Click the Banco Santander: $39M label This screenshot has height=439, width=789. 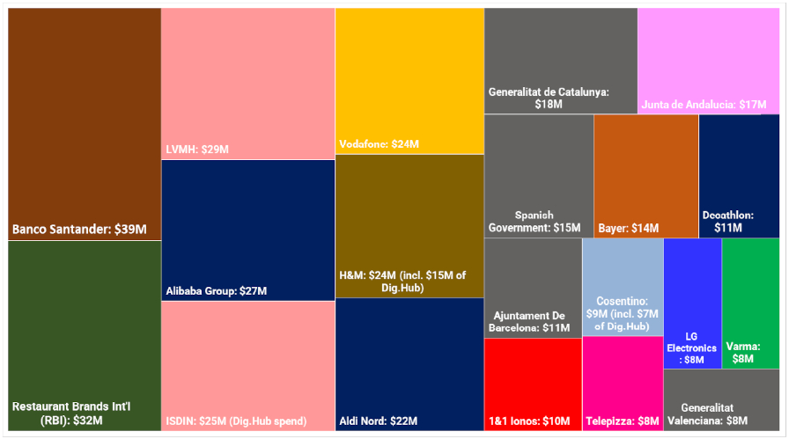(x=79, y=229)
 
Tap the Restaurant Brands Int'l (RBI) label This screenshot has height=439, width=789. (x=71, y=413)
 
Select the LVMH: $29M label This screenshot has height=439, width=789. (x=197, y=150)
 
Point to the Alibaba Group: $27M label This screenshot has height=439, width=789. (x=217, y=290)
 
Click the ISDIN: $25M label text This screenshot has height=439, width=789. (x=236, y=421)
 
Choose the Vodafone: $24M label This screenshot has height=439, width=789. (x=380, y=144)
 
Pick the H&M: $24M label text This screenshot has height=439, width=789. (x=402, y=282)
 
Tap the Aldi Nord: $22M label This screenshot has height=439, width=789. (x=379, y=421)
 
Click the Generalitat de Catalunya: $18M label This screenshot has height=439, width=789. (x=549, y=98)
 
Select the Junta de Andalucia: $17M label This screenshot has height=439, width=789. (x=704, y=105)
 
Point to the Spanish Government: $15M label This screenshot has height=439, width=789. (x=535, y=222)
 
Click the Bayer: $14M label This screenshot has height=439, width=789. (x=629, y=229)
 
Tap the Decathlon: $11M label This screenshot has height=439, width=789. (x=728, y=222)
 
